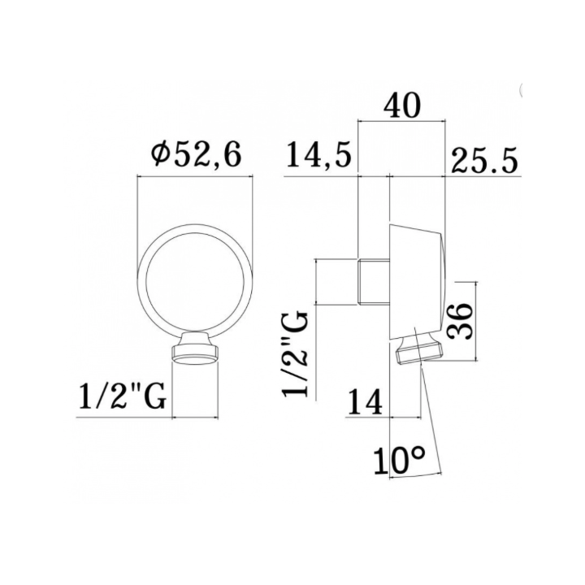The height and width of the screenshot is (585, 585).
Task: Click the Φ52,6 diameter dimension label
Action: click(x=197, y=155)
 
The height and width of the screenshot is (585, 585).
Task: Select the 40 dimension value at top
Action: click(x=402, y=106)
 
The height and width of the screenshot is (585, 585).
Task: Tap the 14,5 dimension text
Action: click(x=319, y=155)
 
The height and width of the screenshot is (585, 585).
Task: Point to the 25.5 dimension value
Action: click(x=484, y=160)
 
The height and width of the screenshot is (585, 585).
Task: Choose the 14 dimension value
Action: click(x=366, y=402)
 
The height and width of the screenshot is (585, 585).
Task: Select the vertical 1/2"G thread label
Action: click(x=296, y=355)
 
